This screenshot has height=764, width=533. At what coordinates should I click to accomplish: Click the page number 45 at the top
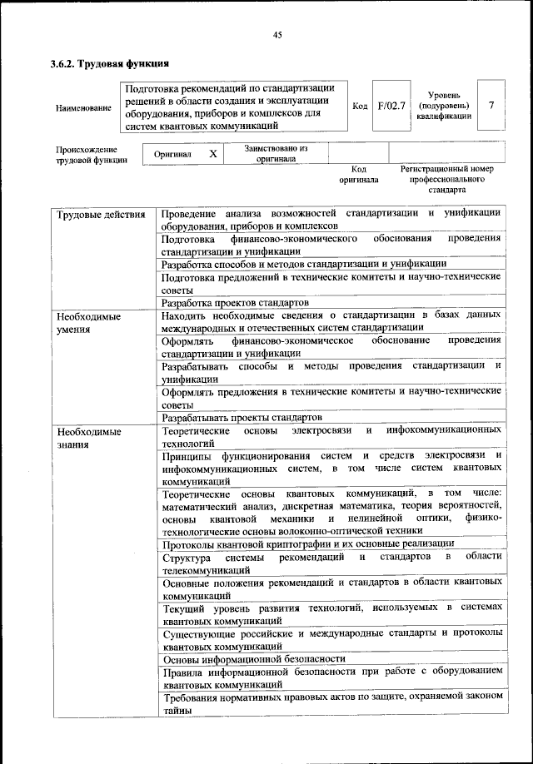click(277, 34)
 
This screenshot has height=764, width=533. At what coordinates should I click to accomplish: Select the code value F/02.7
click(390, 107)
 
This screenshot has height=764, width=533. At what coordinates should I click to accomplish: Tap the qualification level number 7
click(491, 107)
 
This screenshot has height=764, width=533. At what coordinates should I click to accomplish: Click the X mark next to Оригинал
click(213, 154)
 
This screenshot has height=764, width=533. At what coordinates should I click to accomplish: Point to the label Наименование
click(82, 108)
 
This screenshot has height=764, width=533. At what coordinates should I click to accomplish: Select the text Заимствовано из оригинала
click(276, 153)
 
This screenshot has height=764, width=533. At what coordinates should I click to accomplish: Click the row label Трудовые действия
click(95, 215)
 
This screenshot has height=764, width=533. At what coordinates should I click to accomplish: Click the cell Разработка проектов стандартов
click(236, 303)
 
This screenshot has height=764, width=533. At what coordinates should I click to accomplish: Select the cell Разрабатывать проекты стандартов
click(242, 417)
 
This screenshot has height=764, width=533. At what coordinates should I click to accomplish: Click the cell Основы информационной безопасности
click(253, 657)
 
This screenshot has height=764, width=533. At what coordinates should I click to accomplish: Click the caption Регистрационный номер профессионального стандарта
click(447, 179)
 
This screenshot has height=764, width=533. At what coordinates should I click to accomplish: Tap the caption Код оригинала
click(358, 174)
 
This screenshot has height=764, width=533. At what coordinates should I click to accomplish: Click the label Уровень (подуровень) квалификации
click(444, 107)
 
